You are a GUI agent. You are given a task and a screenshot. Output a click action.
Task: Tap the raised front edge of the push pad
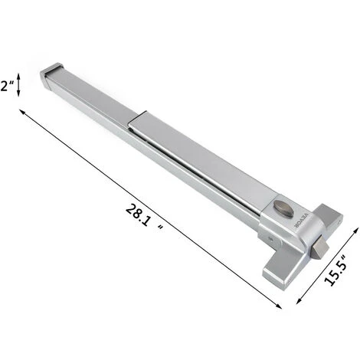click(142, 120)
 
